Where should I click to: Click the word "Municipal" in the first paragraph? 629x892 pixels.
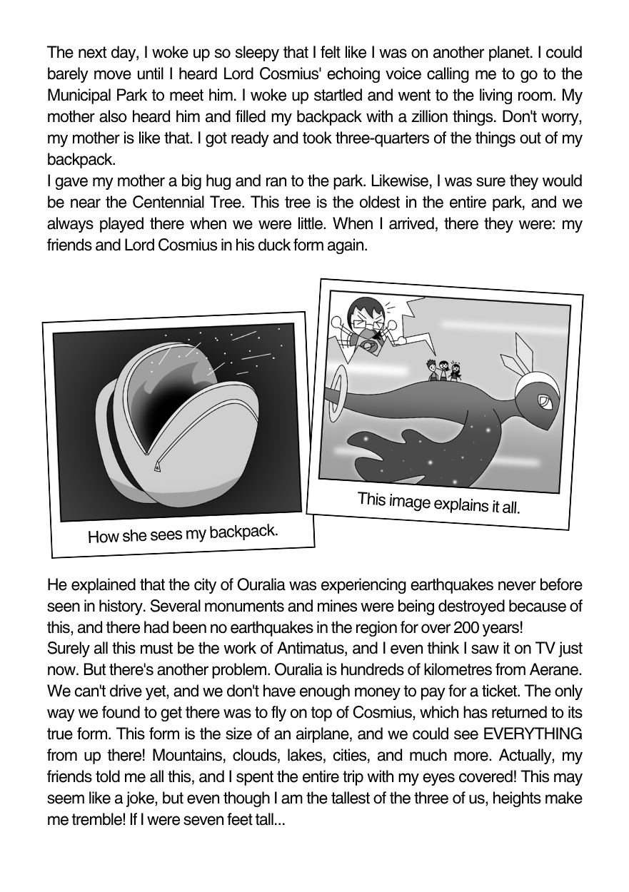point(83,94)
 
